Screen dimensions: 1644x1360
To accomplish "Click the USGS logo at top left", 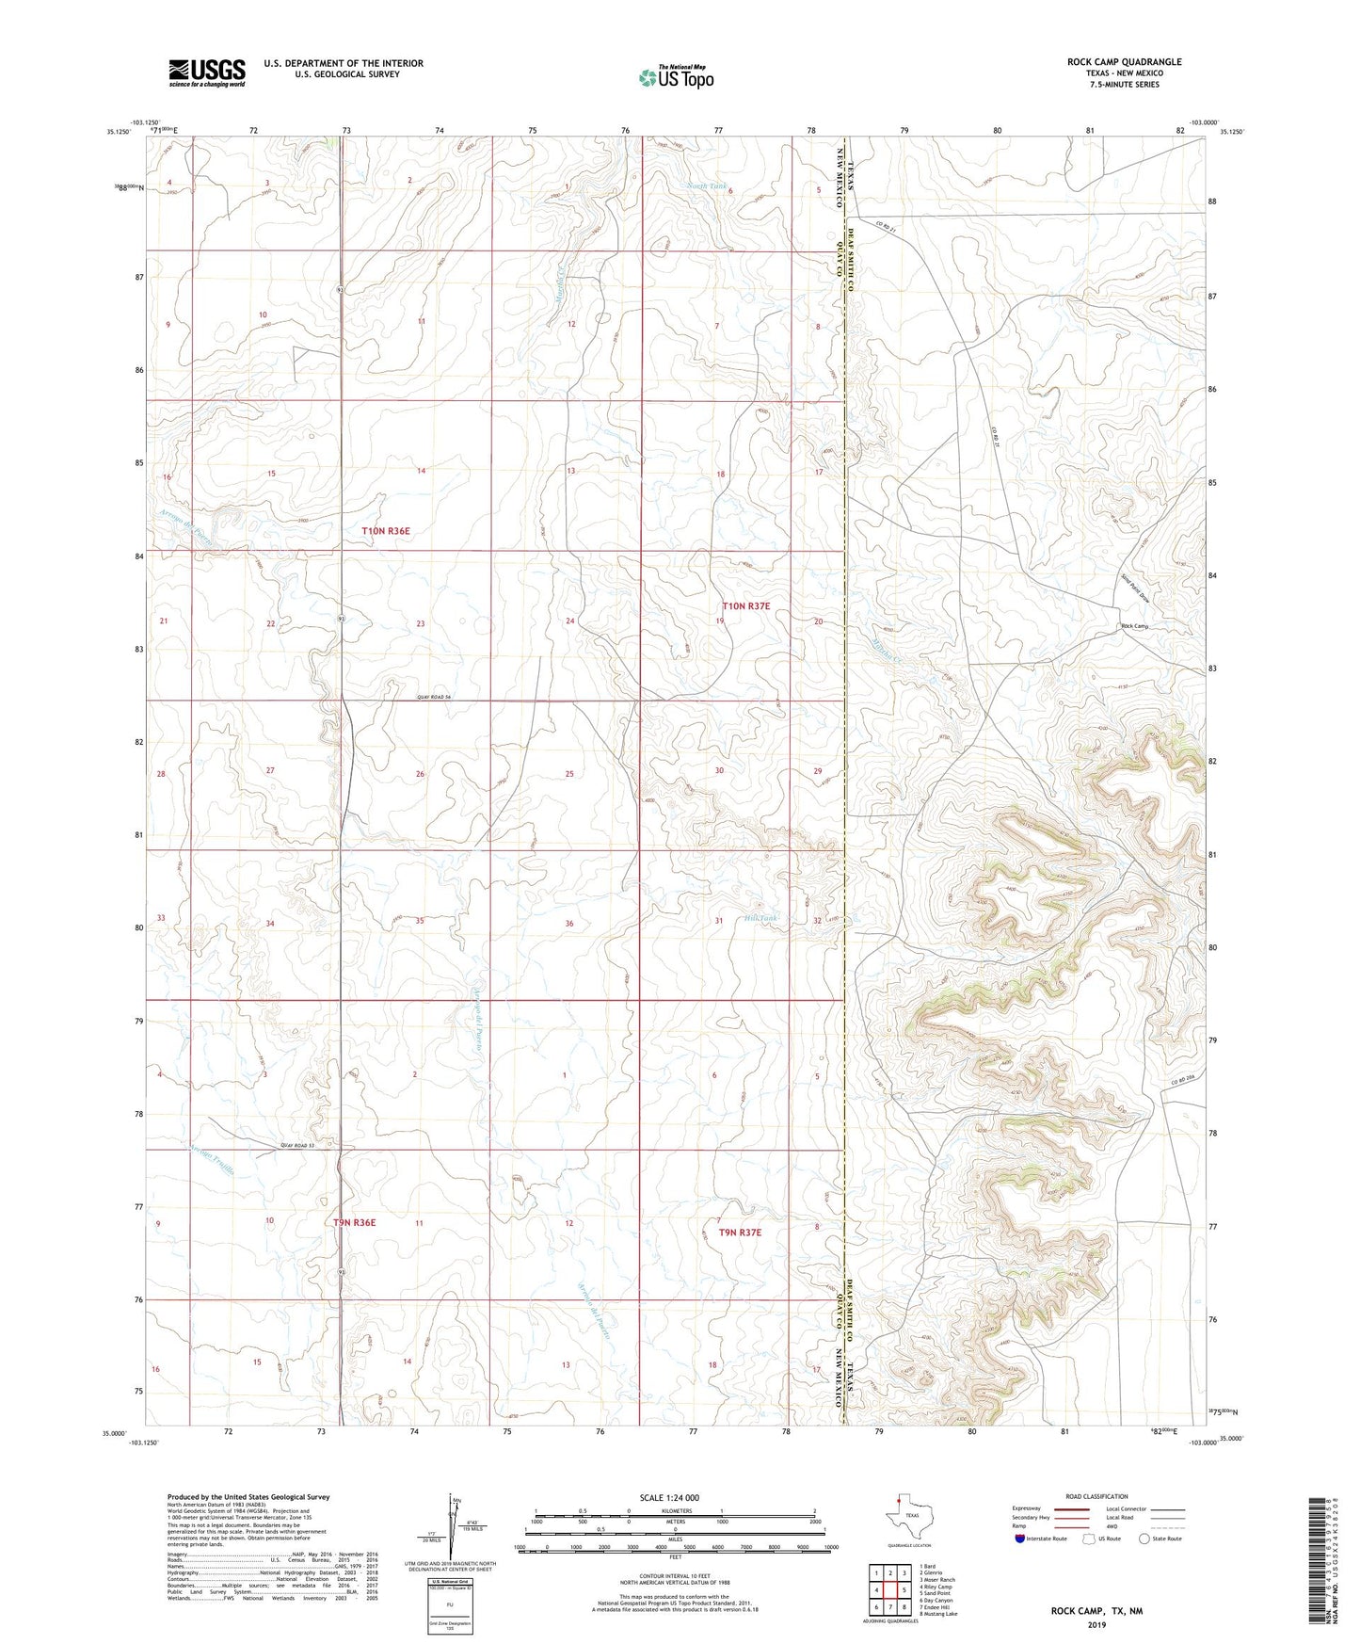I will tap(207, 73).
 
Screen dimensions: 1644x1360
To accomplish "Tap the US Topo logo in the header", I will tap(675, 77).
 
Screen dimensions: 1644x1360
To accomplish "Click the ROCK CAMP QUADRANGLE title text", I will tap(1124, 62).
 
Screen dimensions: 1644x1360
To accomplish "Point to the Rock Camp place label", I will tap(1134, 626).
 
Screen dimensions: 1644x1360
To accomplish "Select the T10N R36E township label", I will tap(386, 531).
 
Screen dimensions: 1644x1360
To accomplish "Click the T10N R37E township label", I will tap(745, 606).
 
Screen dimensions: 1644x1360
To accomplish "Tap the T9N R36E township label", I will tap(354, 1222).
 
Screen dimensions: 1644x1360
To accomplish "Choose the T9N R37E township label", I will tap(740, 1232).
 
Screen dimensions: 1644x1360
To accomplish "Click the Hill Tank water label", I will tap(761, 918).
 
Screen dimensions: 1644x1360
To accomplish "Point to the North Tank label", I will tap(707, 186).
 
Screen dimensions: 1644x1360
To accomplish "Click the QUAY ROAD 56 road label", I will tap(434, 697).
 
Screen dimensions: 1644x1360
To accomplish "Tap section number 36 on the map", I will tap(569, 924).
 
